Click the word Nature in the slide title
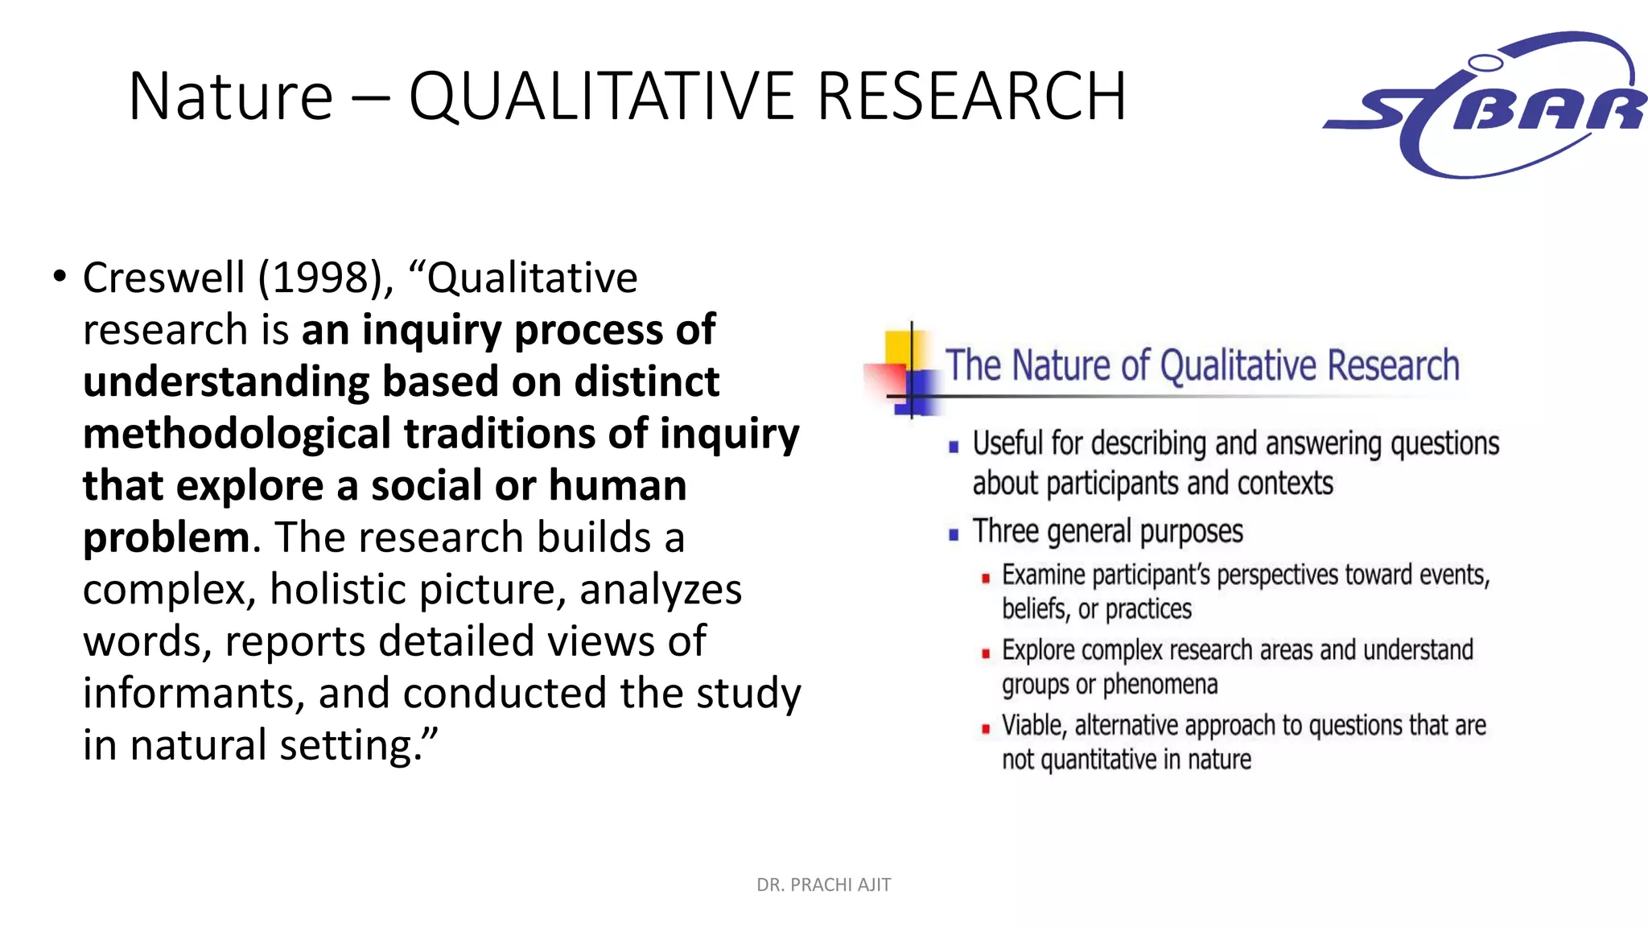click(230, 97)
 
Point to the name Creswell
click(163, 278)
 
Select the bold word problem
click(167, 538)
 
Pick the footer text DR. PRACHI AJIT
click(823, 885)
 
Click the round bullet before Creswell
click(60, 277)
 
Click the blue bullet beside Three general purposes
click(954, 534)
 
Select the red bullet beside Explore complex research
click(985, 653)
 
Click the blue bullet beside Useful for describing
click(954, 447)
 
